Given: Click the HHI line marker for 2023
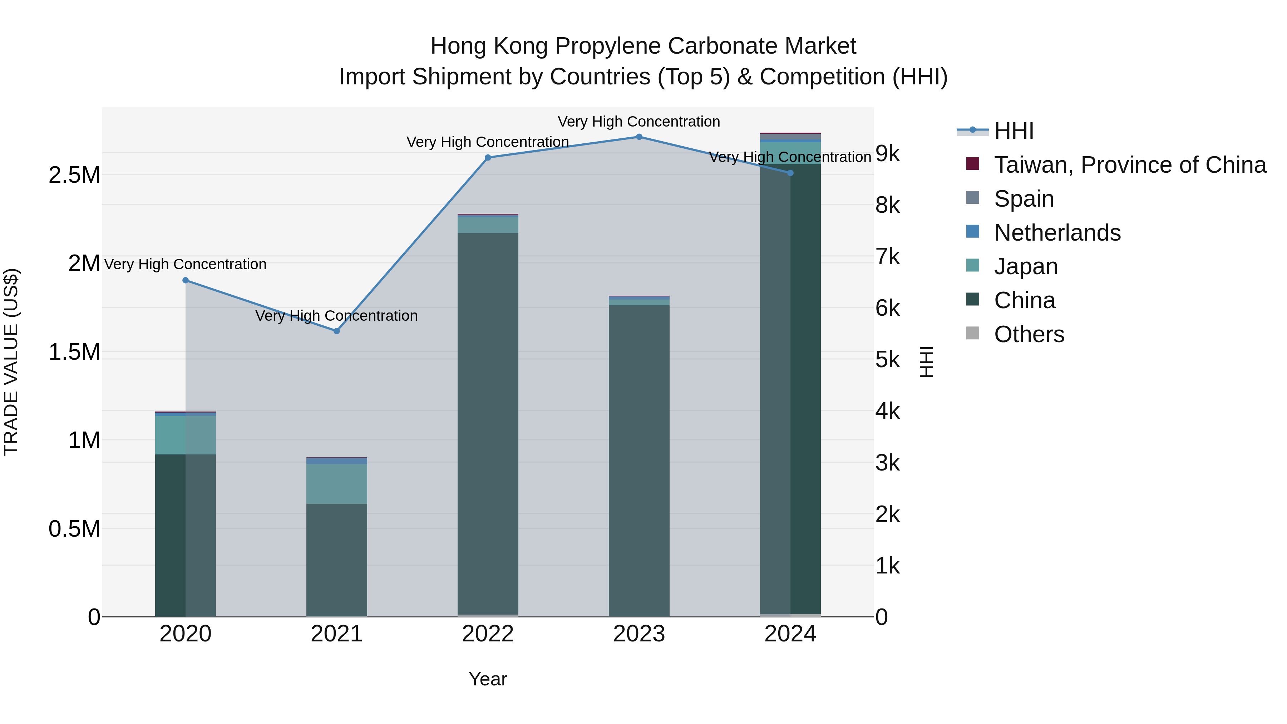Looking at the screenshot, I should pos(639,137).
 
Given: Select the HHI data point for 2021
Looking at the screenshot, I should pos(337,331).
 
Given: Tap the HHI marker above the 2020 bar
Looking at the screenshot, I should pos(185,280).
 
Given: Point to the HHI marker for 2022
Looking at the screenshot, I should pos(488,157).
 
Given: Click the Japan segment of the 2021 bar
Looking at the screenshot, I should pos(337,484).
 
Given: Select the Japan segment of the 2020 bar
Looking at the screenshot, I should pos(185,435).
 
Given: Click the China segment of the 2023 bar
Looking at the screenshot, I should pos(639,460).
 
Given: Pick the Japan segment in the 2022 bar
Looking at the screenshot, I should pos(488,225).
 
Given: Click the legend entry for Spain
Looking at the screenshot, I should pos(1024,199).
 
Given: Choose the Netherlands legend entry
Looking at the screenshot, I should pos(1057,233).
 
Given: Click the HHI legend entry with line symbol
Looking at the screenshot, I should pos(1013,131).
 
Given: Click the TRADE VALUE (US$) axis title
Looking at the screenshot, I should pos(11,362).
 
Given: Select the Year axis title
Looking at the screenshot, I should pos(488,679).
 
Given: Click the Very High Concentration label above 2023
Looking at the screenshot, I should pos(638,122).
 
